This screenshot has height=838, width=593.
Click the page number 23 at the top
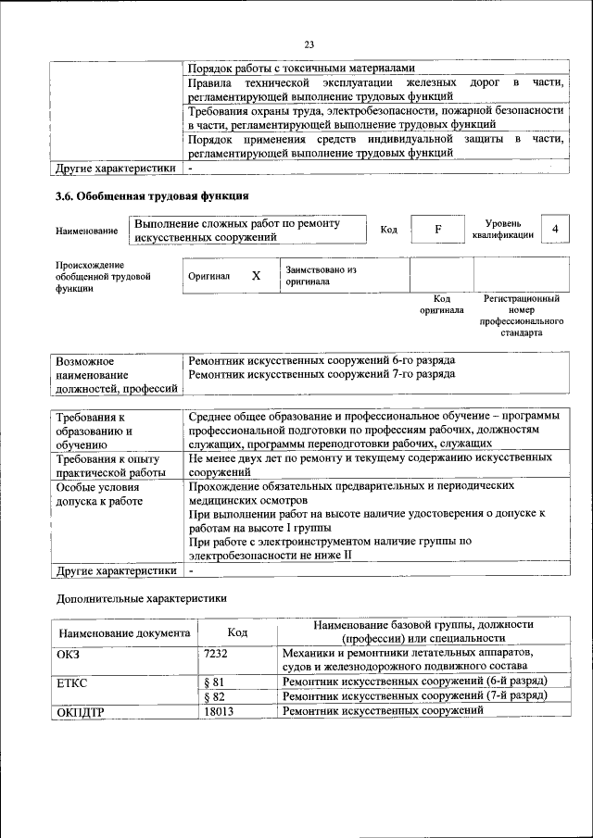coord(309,44)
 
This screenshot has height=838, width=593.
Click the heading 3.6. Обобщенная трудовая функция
coord(151,196)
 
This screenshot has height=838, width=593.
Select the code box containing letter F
coord(437,230)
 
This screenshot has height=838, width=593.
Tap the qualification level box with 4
coord(554,229)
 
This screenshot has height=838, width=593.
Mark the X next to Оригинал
coord(257,276)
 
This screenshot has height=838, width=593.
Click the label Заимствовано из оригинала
coord(321,275)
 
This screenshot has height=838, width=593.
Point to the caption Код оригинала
coord(441,305)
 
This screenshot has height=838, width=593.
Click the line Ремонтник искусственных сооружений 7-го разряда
coord(321,374)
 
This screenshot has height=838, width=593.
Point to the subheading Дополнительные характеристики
coord(141,598)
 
